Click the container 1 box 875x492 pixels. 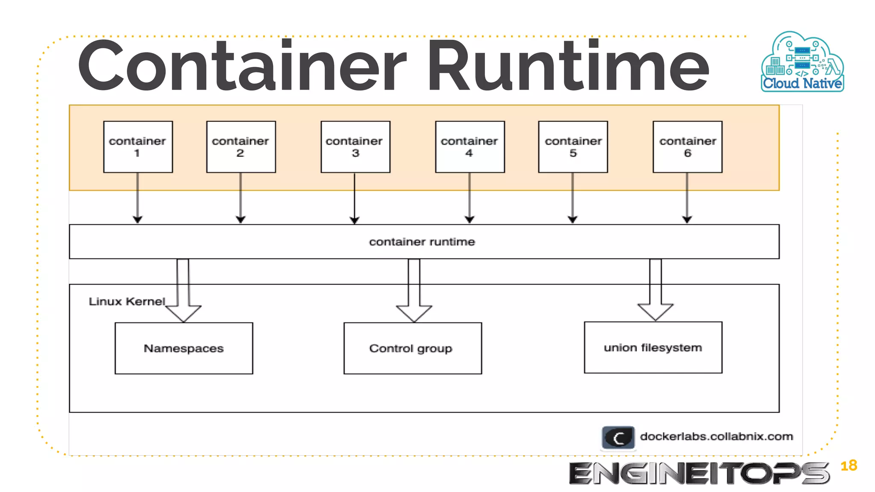click(138, 147)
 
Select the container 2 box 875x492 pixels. click(241, 147)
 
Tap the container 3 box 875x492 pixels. click(355, 147)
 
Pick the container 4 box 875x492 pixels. click(470, 147)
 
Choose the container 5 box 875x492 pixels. click(573, 147)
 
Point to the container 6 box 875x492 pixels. click(687, 147)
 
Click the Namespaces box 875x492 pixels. click(184, 348)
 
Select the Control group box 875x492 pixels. click(413, 348)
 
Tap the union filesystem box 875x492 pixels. click(653, 348)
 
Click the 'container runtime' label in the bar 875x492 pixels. click(422, 242)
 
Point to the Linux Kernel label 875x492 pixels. click(126, 302)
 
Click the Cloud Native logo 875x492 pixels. click(802, 62)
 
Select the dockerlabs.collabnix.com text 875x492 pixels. click(716, 436)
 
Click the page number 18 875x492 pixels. click(849, 466)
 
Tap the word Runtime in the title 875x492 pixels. click(568, 66)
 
